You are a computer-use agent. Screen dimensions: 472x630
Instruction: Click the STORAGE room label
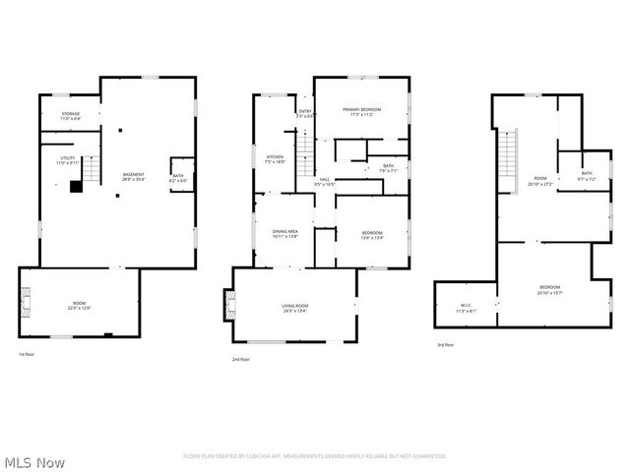(71, 114)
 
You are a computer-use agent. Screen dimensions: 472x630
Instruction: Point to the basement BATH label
(177, 175)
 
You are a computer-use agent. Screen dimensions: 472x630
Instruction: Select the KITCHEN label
(275, 157)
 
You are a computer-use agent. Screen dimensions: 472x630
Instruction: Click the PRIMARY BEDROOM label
(360, 109)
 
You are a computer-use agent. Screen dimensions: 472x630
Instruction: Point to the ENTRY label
(305, 111)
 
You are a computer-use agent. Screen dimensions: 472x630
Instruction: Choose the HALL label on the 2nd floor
(324, 180)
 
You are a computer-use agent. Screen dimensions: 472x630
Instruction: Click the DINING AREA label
(285, 231)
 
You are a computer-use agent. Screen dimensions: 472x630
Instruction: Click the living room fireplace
(230, 305)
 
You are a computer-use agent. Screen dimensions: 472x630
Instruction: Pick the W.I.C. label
(467, 305)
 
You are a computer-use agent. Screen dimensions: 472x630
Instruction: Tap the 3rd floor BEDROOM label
(548, 287)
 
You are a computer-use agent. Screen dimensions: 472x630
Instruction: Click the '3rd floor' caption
(446, 344)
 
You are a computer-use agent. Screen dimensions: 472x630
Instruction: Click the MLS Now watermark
(34, 461)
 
